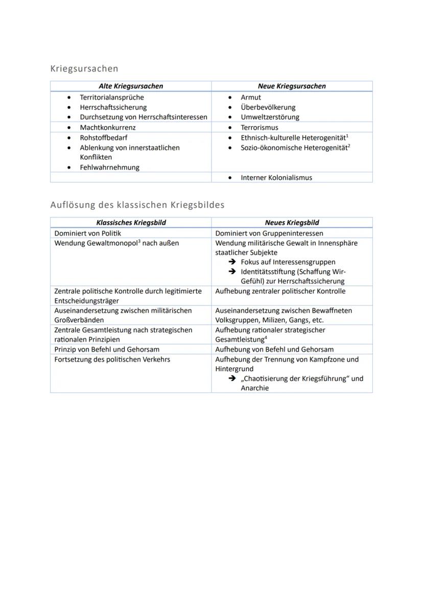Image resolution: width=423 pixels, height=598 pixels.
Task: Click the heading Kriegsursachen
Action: coord(84,68)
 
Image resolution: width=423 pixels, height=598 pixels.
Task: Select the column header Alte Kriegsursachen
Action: coord(131,86)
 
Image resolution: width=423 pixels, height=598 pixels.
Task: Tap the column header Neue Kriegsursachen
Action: coord(291,86)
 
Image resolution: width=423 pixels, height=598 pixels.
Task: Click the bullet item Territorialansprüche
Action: coord(111,97)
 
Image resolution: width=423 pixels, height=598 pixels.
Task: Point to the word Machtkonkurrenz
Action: coord(107,127)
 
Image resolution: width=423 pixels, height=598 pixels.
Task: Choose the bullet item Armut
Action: coord(251,97)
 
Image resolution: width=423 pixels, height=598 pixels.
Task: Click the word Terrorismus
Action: coord(260,127)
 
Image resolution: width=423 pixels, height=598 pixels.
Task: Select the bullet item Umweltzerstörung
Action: coord(270,117)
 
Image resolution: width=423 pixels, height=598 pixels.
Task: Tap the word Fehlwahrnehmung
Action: coord(109,167)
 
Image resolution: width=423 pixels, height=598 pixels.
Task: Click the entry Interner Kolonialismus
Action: coord(276,178)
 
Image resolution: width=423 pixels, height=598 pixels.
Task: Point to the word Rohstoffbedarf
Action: coord(103,137)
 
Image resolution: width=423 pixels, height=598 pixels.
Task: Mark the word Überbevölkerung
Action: coord(268,107)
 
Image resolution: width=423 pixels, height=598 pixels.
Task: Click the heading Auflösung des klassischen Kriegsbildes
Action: coord(137,205)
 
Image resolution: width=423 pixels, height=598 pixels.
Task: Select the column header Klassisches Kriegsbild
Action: coord(131,223)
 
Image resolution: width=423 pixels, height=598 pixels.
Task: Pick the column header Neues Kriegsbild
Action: coord(292,223)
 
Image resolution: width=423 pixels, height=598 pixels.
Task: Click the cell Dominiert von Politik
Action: coord(87,233)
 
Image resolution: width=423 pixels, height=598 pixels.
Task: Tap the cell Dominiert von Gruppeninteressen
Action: coord(269,233)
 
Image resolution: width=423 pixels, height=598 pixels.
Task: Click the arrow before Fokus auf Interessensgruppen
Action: coord(232,262)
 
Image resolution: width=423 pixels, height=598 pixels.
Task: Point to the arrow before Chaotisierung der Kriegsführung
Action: coord(232,378)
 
